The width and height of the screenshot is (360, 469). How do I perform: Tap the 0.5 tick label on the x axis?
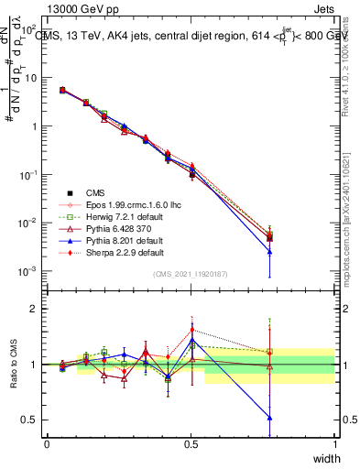191,443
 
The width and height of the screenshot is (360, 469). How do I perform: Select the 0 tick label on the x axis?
47,443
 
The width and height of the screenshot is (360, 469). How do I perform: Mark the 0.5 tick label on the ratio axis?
31,420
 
